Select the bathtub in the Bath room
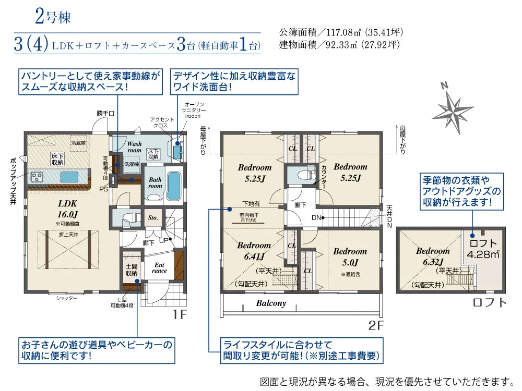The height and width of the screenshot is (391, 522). tap(174, 186)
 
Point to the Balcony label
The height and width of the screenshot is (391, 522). tap(271, 303)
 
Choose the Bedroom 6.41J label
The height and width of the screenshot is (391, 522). tap(254, 251)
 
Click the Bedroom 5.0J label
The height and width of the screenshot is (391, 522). tap(350, 256)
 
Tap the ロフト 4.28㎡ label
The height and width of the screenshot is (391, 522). tap(483, 249)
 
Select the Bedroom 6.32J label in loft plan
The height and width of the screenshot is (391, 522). tap(433, 256)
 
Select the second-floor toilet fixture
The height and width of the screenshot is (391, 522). tap(302, 174)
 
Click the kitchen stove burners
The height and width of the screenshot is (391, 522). tap(38, 176)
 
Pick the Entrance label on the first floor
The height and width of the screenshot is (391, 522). tap(159, 267)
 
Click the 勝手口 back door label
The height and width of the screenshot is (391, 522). tap(105, 113)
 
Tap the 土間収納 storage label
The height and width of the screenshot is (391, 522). tap(132, 269)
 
